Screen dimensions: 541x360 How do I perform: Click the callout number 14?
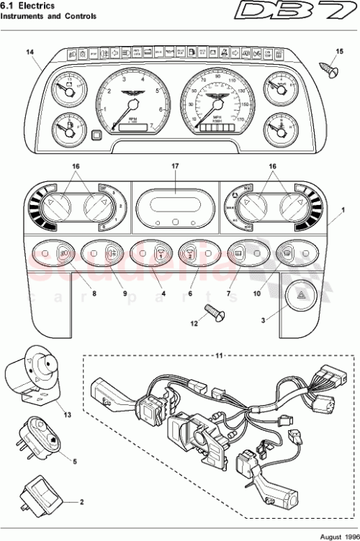pyautogui.click(x=30, y=50)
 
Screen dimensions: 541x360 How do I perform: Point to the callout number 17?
pyautogui.click(x=174, y=166)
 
